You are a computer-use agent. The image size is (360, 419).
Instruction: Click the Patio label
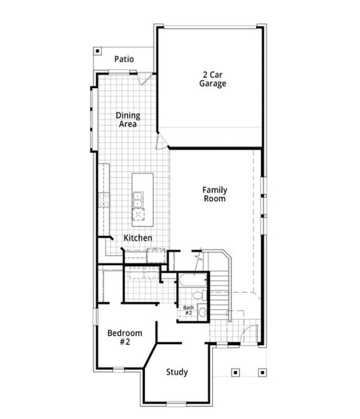[124, 59]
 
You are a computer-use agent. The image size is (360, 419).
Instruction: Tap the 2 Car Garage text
[214, 79]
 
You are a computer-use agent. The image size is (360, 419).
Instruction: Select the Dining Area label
[126, 120]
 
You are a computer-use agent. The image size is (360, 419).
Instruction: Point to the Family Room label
[214, 194]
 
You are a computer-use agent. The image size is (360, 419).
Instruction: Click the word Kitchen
[137, 238]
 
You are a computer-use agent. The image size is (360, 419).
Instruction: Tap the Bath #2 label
[188, 309]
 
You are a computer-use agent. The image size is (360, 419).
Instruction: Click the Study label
[177, 372]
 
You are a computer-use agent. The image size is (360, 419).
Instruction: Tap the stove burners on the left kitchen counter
[105, 200]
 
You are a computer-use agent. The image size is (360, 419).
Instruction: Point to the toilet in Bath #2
[198, 296]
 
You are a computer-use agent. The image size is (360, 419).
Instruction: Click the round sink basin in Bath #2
[202, 312]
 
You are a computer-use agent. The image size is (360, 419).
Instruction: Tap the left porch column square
[235, 372]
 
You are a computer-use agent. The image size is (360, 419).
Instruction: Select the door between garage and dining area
[161, 142]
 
